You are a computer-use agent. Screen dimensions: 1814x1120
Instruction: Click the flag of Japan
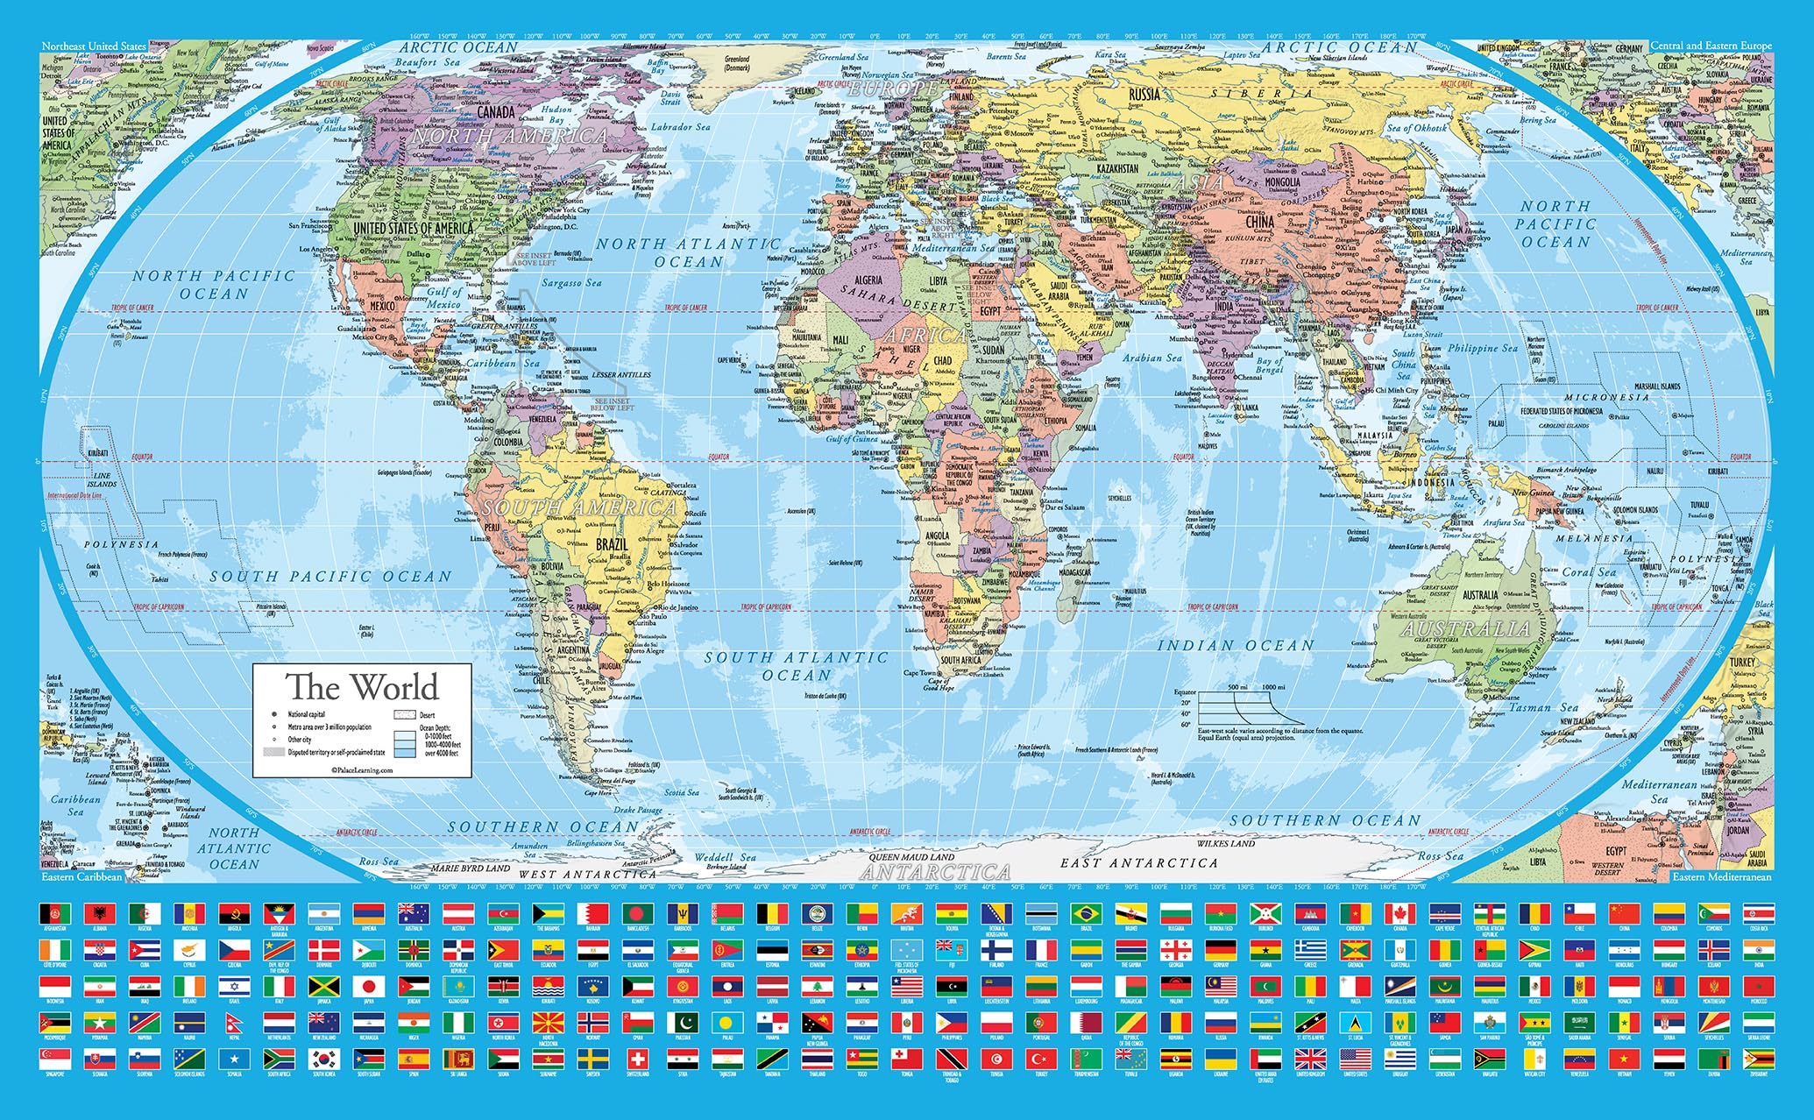coord(369,987)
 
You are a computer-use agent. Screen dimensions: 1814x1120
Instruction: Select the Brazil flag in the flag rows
coord(1084,914)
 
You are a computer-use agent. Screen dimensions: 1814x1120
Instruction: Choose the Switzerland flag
coord(638,1059)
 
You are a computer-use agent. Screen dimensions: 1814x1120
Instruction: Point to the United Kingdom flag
coord(1310,1059)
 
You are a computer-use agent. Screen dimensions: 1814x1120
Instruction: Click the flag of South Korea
coord(323,1059)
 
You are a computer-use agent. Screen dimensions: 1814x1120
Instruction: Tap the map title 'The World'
coord(362,687)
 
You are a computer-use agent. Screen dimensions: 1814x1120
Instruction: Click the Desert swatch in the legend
coord(404,715)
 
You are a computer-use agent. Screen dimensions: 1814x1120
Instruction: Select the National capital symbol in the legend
coord(274,715)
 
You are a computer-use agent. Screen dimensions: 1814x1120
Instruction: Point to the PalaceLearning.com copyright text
coord(362,770)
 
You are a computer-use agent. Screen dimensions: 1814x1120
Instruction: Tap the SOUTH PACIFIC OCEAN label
coord(330,577)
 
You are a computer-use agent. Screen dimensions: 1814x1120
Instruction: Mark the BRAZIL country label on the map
coord(612,544)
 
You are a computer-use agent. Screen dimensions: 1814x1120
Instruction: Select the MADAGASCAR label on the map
coord(1074,572)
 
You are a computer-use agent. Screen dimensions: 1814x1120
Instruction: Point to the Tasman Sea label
coord(1543,707)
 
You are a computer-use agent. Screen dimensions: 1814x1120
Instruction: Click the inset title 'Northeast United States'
coord(94,46)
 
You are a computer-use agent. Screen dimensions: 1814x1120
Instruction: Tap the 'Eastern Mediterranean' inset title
coord(1721,876)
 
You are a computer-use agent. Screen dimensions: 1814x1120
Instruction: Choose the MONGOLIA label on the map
coord(1282,182)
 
